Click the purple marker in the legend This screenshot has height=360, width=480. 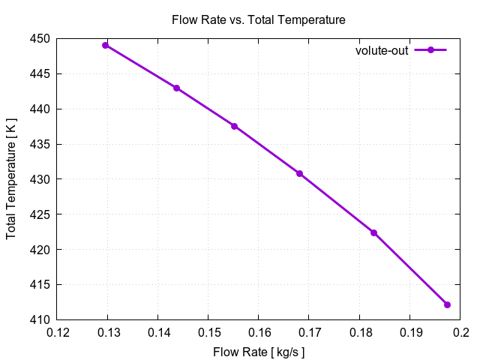(x=430, y=50)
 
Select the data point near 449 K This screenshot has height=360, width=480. (x=106, y=45)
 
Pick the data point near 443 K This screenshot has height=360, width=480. (x=177, y=88)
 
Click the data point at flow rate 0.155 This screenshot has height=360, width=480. (x=234, y=126)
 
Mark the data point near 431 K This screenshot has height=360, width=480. (x=299, y=173)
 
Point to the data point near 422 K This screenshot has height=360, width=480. (x=373, y=232)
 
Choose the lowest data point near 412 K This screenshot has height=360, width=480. (x=447, y=304)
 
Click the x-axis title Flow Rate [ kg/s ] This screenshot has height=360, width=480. (x=259, y=351)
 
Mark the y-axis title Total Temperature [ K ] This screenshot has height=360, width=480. (x=11, y=179)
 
